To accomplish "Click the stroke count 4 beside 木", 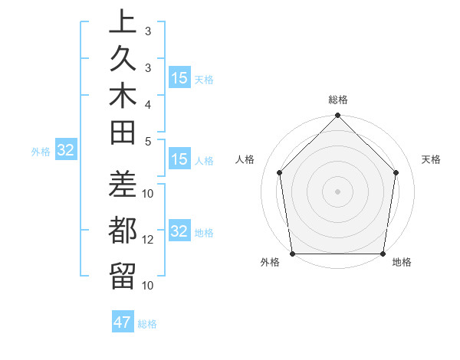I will tap(148, 103).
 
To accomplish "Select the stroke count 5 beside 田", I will tap(148, 141).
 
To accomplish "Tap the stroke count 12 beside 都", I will tap(148, 240).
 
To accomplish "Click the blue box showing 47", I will tap(123, 322).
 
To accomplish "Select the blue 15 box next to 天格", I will tap(179, 78).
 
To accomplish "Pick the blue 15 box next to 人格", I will tap(179, 160).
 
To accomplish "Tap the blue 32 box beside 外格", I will tap(66, 151).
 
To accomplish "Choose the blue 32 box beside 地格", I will tap(179, 231).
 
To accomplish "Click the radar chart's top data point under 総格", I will tap(337, 116).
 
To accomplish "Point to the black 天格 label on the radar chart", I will tap(432, 159).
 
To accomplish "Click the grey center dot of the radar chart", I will tap(337, 191).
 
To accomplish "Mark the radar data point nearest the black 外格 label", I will tap(292, 254).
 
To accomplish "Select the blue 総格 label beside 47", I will tap(147, 324).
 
